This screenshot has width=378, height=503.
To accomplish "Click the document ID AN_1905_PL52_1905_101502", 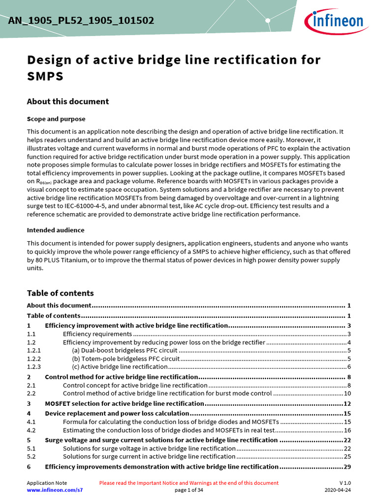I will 81,21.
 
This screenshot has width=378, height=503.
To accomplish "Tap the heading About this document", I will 67,102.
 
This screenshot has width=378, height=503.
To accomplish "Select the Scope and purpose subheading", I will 56,119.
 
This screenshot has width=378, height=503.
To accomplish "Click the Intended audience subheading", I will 55,230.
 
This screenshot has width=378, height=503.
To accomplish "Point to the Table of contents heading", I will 60,293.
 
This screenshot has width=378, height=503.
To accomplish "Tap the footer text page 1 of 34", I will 189,490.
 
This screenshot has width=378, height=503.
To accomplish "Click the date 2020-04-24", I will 338,490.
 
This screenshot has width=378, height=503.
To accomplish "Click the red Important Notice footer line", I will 189,483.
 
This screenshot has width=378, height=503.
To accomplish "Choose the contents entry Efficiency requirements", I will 97,334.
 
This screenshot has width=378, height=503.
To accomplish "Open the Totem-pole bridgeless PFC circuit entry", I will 126,359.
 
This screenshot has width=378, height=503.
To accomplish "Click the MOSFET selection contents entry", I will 124,403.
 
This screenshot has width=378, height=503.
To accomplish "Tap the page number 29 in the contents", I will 347,467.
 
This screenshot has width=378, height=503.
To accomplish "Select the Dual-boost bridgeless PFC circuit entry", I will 124,350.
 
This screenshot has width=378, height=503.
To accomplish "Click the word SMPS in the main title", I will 45,77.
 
